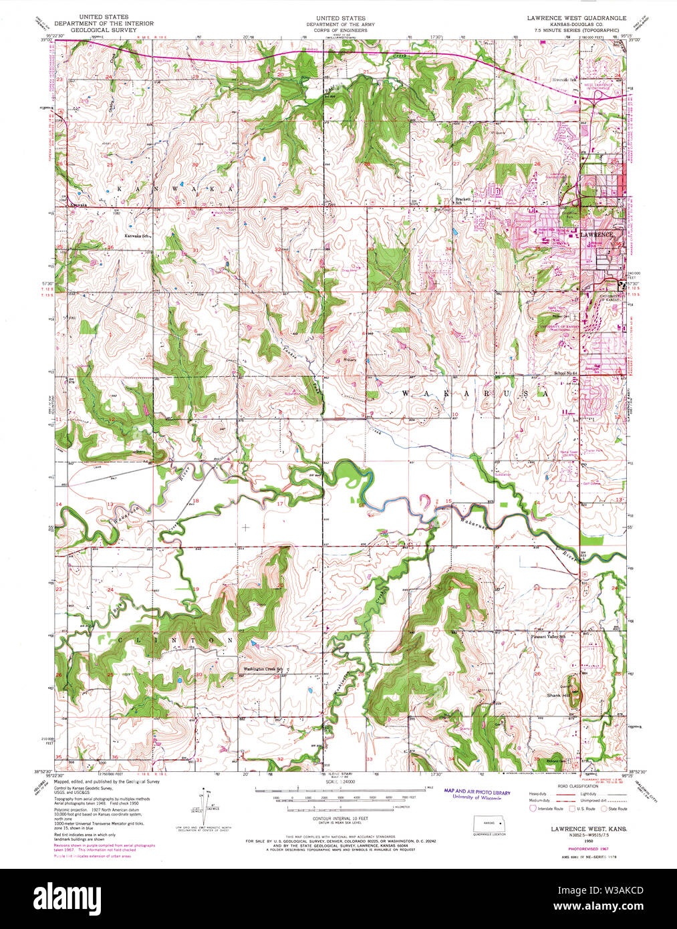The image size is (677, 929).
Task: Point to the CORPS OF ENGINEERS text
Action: (336, 30)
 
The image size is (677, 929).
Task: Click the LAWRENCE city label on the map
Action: (596, 235)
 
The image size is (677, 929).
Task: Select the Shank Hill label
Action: (557, 696)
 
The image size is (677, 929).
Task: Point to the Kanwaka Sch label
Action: (139, 235)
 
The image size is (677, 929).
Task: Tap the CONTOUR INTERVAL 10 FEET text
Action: (337, 818)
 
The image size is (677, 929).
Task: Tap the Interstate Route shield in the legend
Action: (533, 808)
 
